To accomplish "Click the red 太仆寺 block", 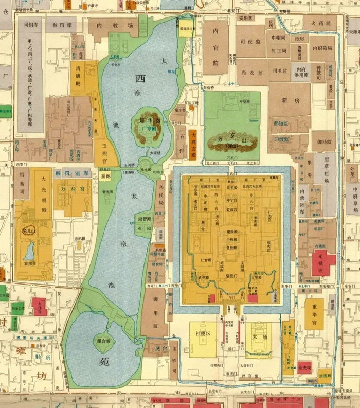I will coord(39,306).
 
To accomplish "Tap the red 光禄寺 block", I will coord(323,263).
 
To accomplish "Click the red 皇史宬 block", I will coord(303,366).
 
